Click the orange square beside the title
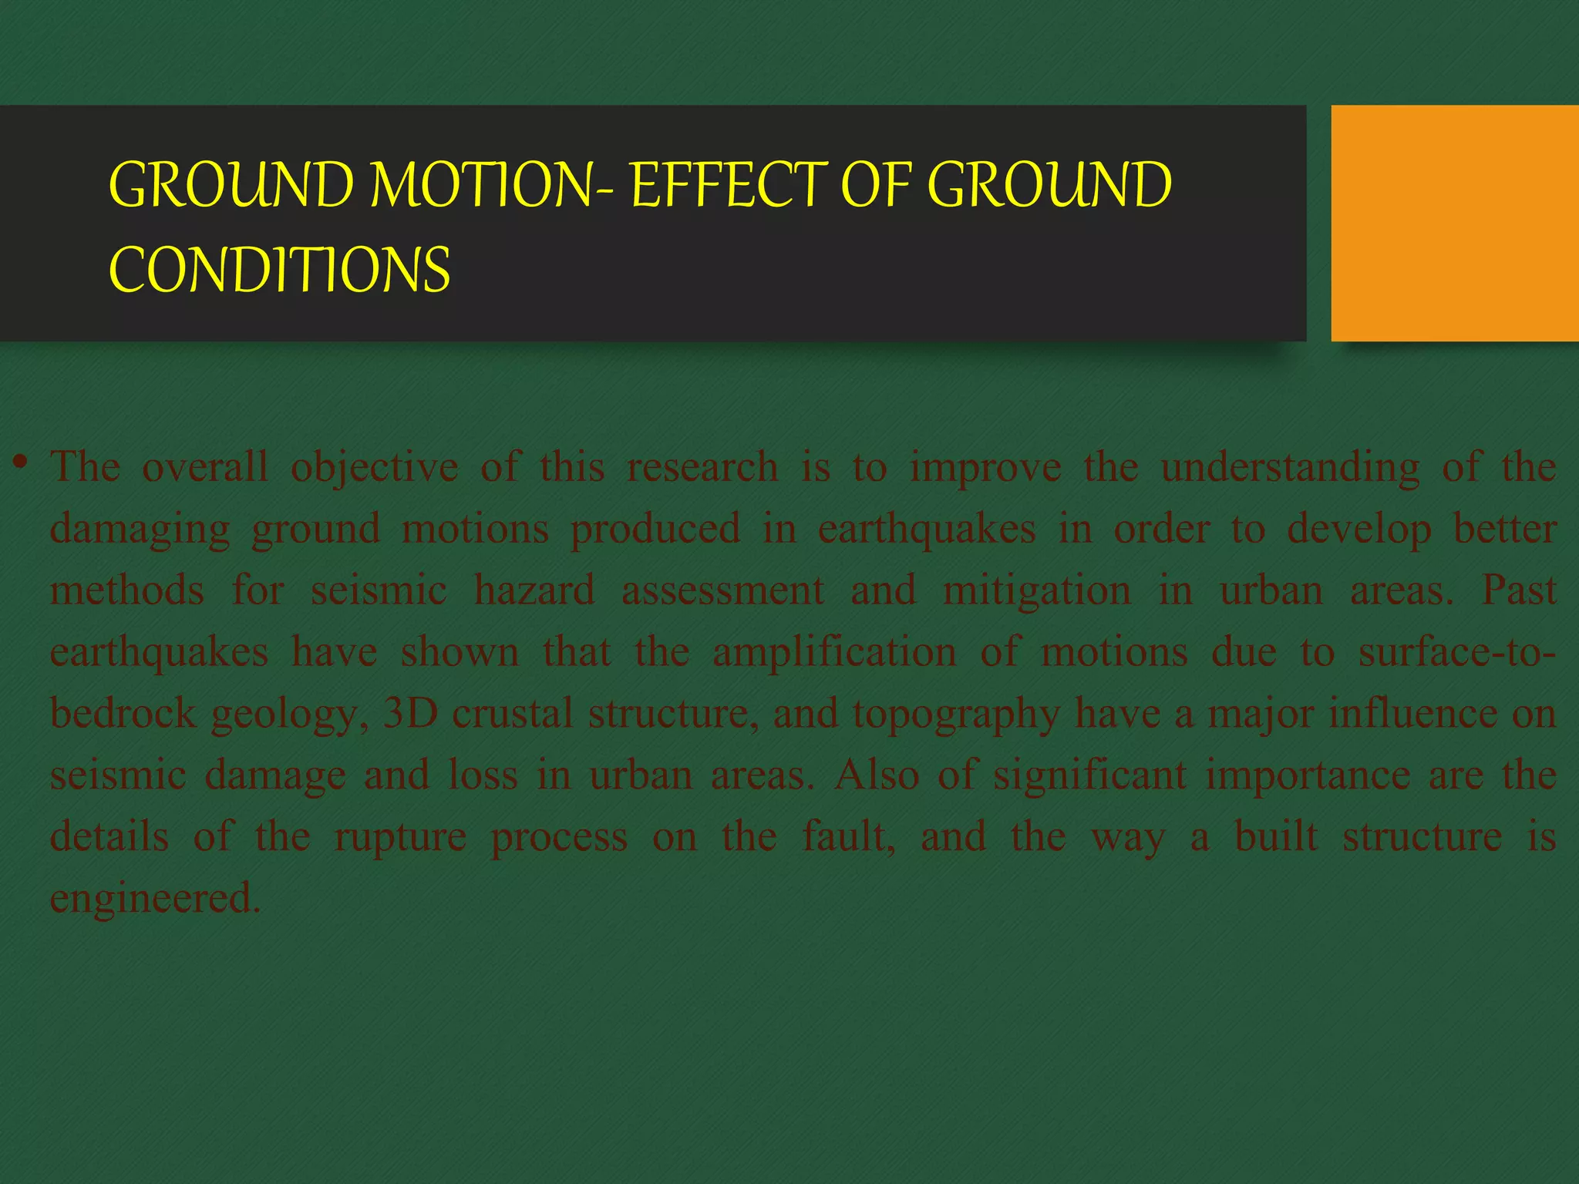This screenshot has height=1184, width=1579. (x=1454, y=223)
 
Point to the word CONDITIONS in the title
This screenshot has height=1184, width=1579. (x=279, y=271)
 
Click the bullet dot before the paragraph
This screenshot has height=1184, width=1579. (x=21, y=463)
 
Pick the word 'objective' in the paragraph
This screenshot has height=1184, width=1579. (x=374, y=468)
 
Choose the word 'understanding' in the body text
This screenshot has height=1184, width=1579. (x=1290, y=468)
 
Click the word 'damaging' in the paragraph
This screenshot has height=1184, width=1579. (x=140, y=530)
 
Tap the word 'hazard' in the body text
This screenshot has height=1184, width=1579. (x=534, y=591)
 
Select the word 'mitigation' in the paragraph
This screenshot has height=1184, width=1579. (x=1036, y=591)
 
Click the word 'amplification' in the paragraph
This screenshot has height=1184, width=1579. (x=834, y=653)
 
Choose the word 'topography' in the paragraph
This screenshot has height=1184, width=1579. (x=956, y=715)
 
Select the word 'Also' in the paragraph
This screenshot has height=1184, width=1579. (x=877, y=775)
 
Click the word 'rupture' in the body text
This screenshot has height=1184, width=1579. (x=400, y=838)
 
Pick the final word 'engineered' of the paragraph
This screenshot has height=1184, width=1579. (x=154, y=900)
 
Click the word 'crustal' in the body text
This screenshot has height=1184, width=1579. (x=512, y=713)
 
